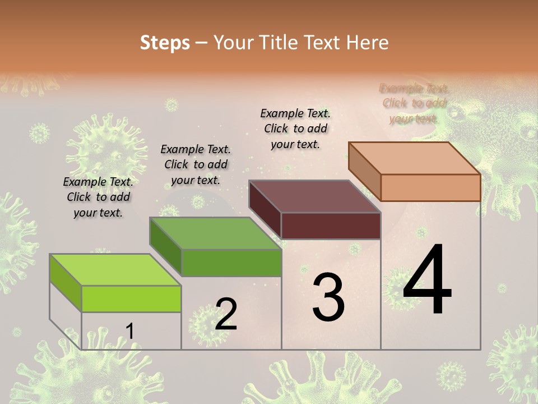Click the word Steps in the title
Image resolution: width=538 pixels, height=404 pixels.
pos(165,43)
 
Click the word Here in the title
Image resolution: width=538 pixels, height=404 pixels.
pos(368,43)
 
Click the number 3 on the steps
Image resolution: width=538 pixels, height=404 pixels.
pos(328,297)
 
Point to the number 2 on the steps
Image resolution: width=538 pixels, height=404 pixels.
pos(226,314)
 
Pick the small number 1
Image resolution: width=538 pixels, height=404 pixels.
pos(130,332)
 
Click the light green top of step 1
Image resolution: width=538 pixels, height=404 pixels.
pos(115,269)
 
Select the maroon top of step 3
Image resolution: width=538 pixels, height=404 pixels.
pos(314,196)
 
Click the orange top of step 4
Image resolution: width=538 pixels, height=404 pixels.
pos(414,158)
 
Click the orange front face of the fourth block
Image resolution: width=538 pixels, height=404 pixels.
pos(430,187)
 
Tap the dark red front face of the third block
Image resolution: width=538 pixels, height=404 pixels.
pos(331,226)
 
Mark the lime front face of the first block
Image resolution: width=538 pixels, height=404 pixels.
pos(131,299)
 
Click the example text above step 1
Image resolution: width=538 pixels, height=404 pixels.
pos(98,197)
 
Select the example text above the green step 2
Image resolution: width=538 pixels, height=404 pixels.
pos(196,164)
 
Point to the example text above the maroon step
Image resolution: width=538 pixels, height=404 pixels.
pos(295,128)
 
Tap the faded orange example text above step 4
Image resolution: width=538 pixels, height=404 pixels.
pos(414,103)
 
